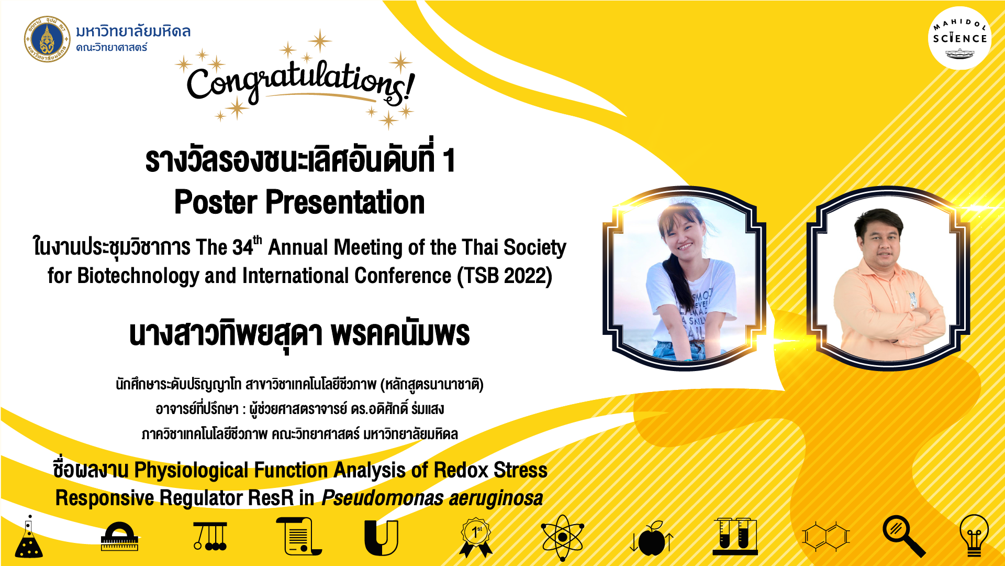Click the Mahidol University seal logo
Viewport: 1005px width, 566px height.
(x=47, y=39)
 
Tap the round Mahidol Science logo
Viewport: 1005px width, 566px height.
(x=959, y=38)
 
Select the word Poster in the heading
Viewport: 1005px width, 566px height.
(x=216, y=202)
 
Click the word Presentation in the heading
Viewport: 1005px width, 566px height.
(x=345, y=202)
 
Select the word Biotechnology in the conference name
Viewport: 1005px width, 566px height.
(x=138, y=276)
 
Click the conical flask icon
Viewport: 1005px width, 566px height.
(x=29, y=537)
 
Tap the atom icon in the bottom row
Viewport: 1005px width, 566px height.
(x=562, y=538)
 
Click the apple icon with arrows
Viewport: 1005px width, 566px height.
(x=652, y=538)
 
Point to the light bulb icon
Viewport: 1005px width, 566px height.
(x=974, y=536)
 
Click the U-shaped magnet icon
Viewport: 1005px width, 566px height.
(x=381, y=538)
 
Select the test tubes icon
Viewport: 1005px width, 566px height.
(x=735, y=536)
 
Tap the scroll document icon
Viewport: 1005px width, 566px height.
(x=299, y=536)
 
